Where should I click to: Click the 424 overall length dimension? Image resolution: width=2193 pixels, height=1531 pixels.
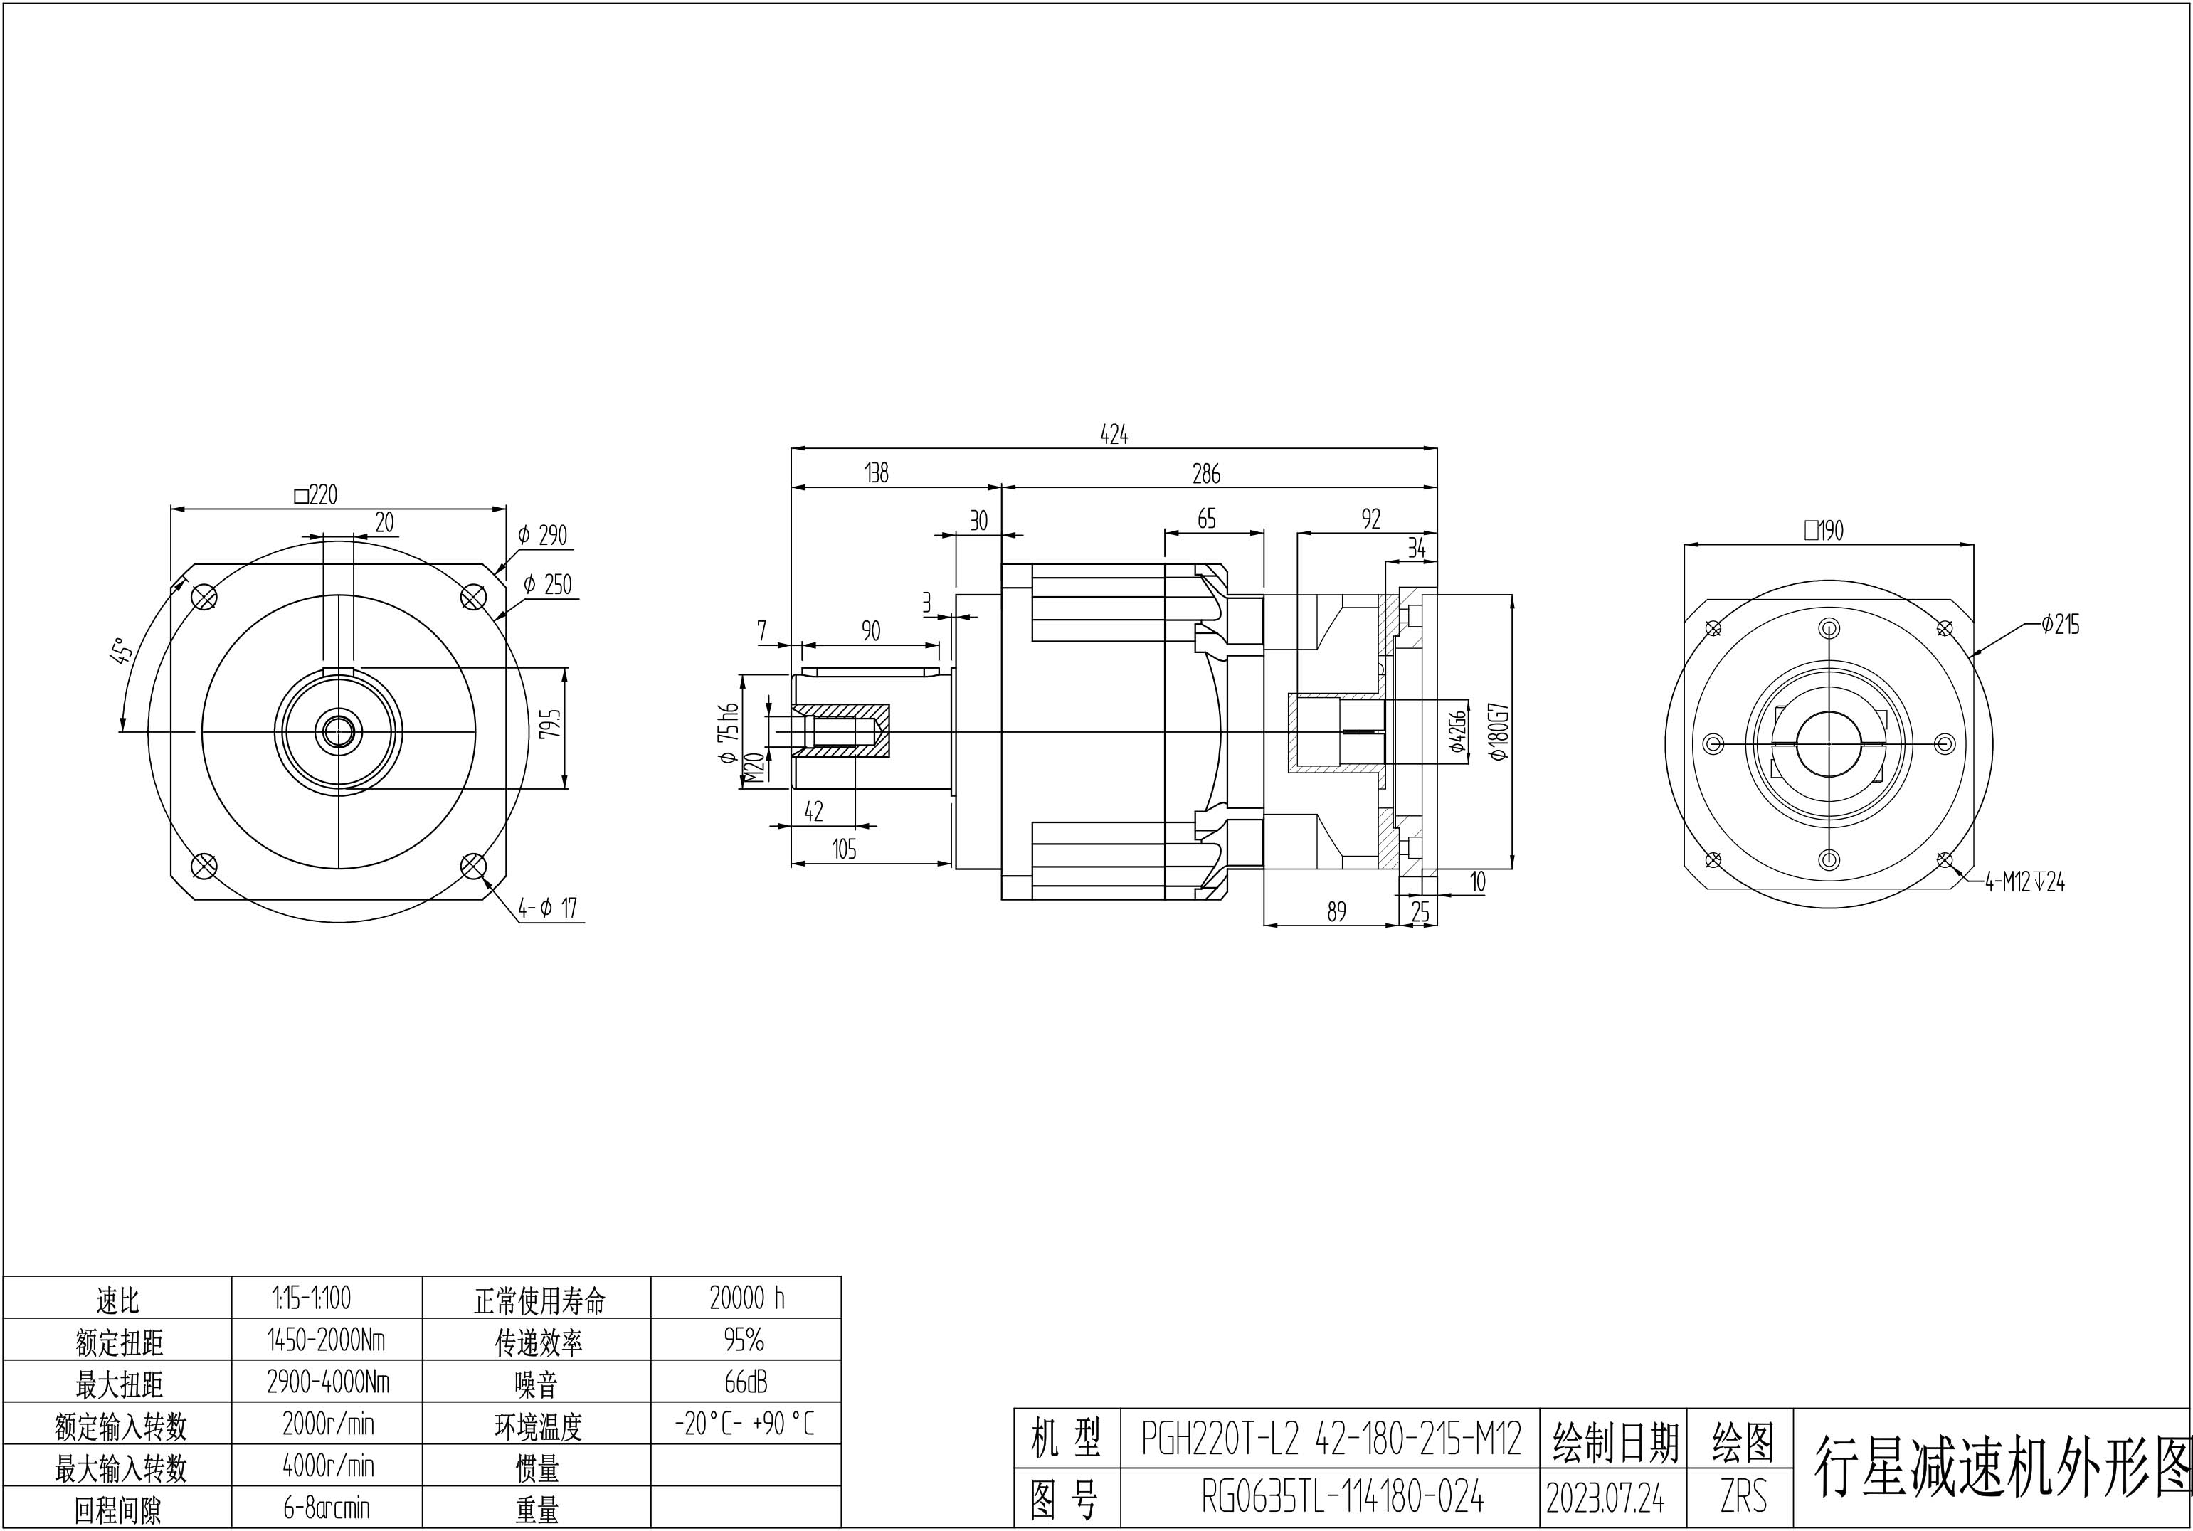[1114, 435]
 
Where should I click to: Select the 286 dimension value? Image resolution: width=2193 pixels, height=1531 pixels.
[1206, 473]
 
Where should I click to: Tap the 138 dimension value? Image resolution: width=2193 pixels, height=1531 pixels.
[876, 473]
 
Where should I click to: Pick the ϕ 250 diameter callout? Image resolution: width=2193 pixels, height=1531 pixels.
[547, 585]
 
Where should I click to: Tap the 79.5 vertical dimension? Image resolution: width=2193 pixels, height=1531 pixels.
[549, 724]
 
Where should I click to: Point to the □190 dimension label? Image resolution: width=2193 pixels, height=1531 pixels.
[1824, 530]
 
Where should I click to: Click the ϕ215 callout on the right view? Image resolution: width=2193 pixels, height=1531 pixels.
[2059, 625]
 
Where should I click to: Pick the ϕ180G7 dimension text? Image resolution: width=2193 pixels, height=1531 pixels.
[1499, 731]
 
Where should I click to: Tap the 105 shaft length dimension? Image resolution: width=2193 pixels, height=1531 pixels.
[845, 849]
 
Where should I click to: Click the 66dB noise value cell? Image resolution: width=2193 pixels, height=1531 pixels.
[746, 1382]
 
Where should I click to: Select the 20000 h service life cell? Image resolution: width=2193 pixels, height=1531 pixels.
[746, 1297]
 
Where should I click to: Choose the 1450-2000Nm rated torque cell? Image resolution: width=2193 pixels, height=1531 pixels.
[327, 1340]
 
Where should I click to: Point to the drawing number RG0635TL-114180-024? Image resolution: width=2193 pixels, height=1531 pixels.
[1343, 1498]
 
